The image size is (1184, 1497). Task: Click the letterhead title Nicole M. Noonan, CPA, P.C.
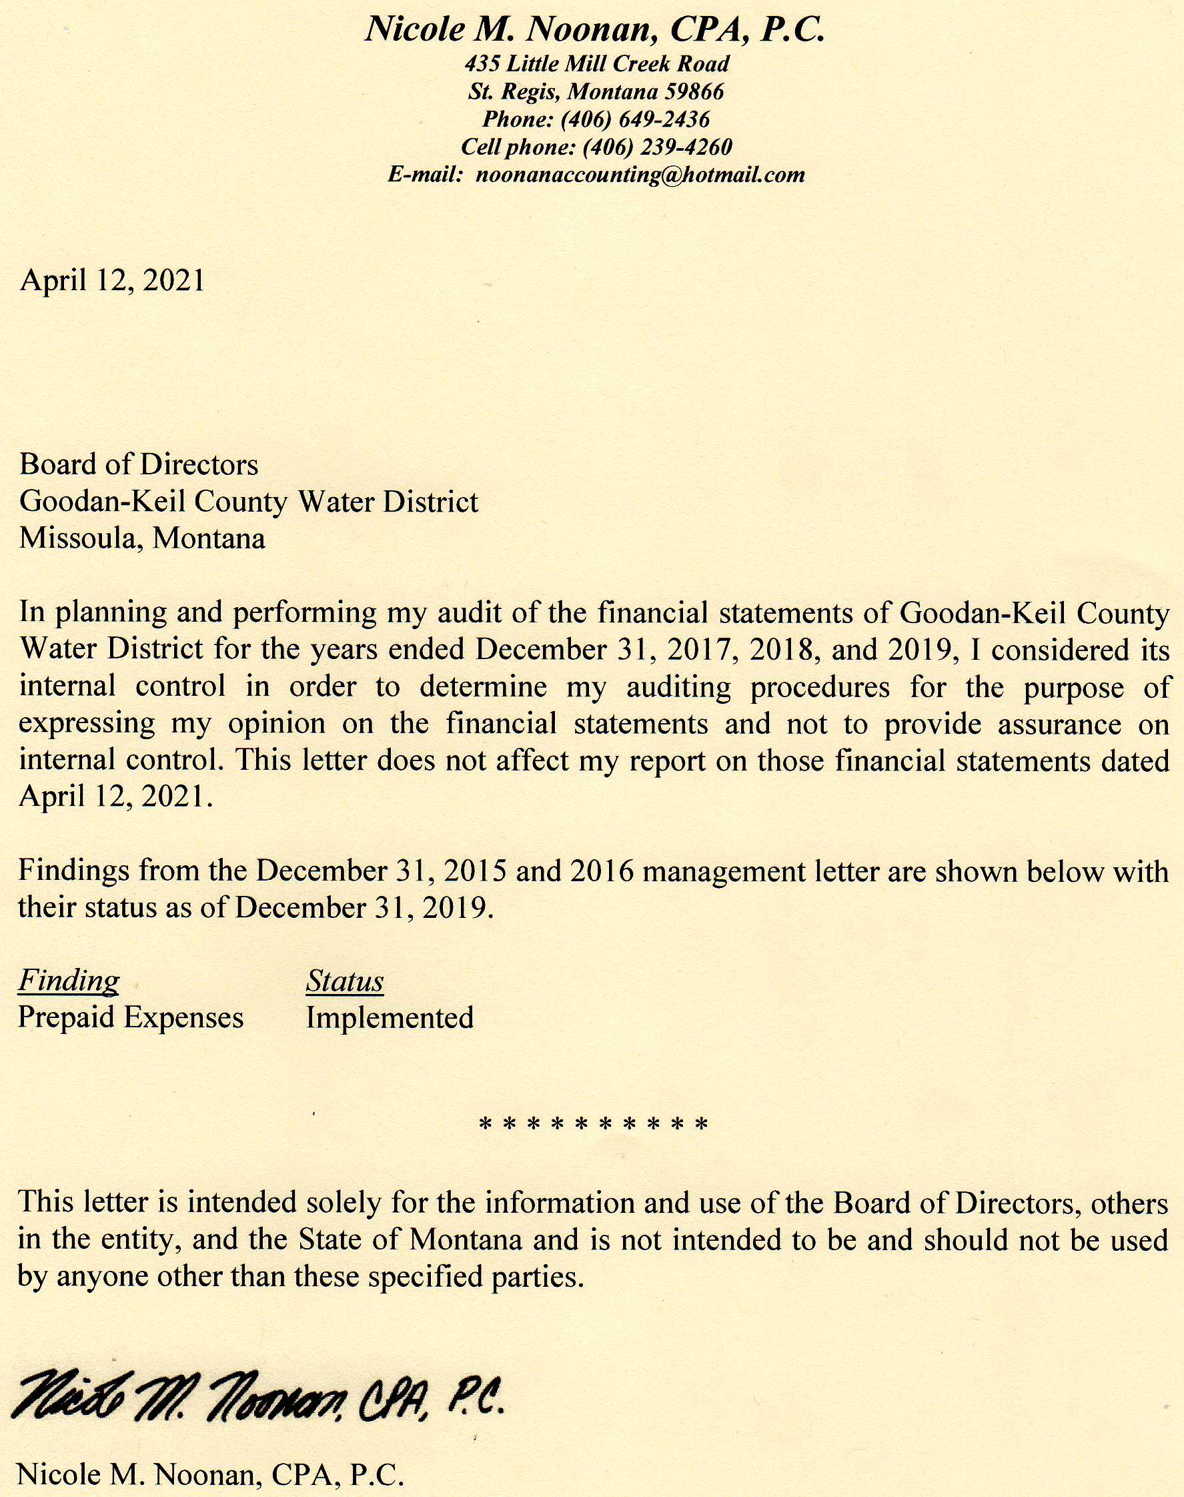594,30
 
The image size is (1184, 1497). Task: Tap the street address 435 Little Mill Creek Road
597,64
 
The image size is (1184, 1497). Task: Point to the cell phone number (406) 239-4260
657,147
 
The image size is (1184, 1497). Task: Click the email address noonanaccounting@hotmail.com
640,175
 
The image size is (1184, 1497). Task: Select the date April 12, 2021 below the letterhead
112,280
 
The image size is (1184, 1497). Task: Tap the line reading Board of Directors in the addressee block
139,464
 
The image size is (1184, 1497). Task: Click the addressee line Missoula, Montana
142,538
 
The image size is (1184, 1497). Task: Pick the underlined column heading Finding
69,981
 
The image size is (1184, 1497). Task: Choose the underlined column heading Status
344,981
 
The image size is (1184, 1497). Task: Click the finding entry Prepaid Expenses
130,1017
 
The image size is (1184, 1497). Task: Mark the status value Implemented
390,1018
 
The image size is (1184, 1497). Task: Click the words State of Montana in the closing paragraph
410,1239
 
